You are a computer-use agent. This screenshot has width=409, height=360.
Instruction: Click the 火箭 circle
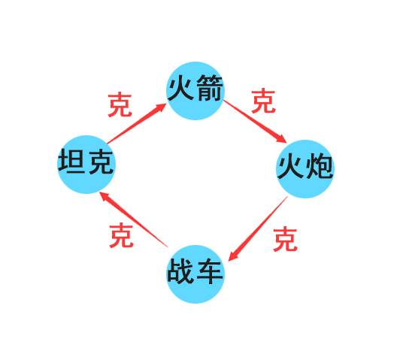195,91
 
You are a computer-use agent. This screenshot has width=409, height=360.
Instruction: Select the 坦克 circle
86,165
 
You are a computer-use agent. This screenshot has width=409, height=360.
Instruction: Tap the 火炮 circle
305,169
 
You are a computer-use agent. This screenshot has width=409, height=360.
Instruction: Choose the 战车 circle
195,274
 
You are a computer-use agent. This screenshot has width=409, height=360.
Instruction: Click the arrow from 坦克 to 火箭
137,123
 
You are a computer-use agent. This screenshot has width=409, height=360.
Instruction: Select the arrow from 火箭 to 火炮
255,122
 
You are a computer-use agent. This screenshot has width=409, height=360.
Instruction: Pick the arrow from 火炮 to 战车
258,228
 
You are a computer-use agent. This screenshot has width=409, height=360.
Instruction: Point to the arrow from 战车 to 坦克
133,219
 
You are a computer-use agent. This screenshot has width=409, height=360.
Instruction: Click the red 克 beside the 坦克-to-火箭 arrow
120,104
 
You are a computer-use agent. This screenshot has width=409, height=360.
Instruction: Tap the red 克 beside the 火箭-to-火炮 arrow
263,101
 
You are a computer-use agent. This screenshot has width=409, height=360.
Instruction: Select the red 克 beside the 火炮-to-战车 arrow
286,239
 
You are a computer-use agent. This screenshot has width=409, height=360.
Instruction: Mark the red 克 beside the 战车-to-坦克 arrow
122,235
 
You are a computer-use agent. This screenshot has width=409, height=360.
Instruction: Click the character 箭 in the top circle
210,88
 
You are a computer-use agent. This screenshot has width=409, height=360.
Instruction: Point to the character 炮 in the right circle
320,166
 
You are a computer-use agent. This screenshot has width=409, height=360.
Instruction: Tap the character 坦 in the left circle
71,161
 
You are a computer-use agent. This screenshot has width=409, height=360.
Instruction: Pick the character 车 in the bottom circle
210,271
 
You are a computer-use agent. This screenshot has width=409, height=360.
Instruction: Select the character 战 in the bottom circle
180,271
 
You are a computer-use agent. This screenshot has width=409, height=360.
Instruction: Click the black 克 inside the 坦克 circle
101,162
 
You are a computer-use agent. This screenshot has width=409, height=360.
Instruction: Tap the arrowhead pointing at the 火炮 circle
281,138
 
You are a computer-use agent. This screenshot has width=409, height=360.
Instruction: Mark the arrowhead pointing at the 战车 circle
233,256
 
